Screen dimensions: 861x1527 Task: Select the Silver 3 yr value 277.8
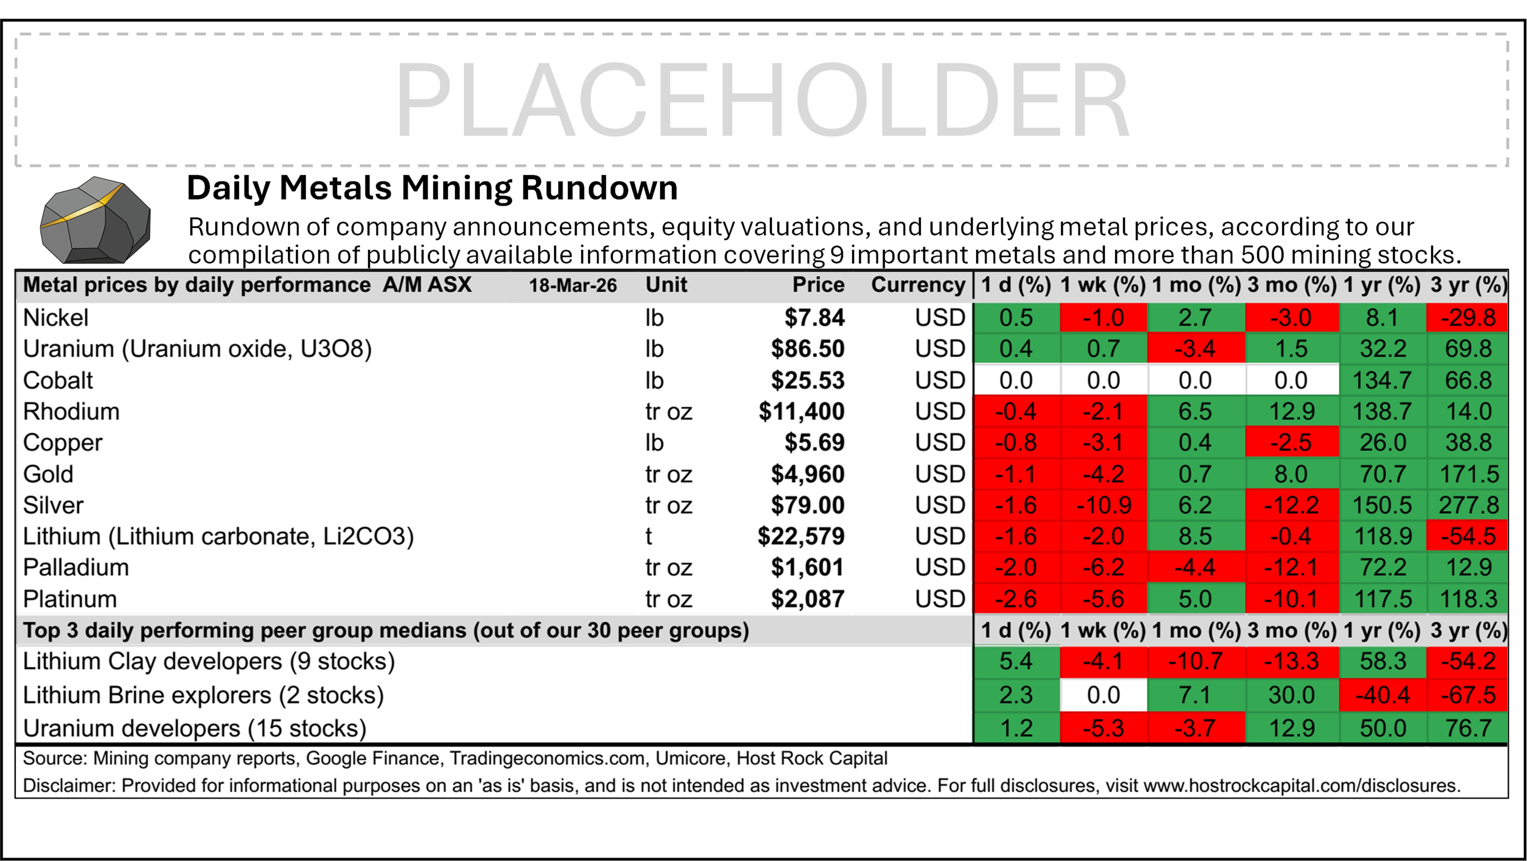1468,505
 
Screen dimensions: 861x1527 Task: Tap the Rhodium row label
71,411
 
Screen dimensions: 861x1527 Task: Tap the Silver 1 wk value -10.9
1103,505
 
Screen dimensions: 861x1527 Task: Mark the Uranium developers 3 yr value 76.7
1468,728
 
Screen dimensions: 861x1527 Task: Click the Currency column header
918,285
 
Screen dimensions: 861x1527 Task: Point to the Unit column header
666,285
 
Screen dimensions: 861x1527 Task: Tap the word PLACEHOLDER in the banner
762,101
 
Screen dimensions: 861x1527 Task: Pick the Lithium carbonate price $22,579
801,537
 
